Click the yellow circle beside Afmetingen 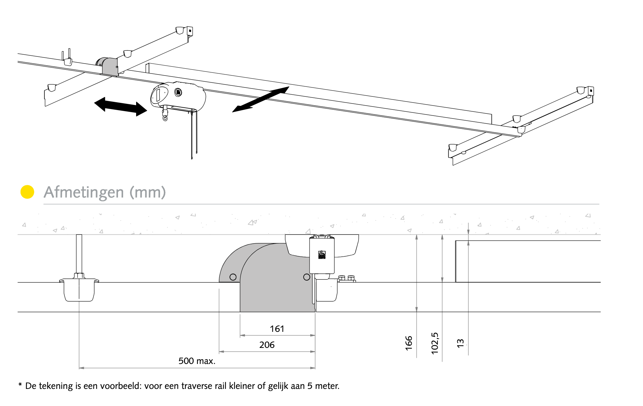(27, 192)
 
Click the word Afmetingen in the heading (84, 192)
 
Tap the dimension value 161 (277, 329)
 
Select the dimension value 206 (267, 345)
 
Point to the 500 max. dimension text (197, 361)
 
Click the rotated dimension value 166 (409, 343)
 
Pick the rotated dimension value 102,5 (435, 343)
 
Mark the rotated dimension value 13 (461, 343)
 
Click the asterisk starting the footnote (20, 385)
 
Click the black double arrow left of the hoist (120, 107)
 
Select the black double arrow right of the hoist (261, 99)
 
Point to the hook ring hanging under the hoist (166, 118)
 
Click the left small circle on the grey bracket (233, 277)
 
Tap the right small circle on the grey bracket (306, 277)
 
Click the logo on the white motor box (322, 255)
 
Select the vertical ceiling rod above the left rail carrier (79, 254)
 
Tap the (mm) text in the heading (148, 192)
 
